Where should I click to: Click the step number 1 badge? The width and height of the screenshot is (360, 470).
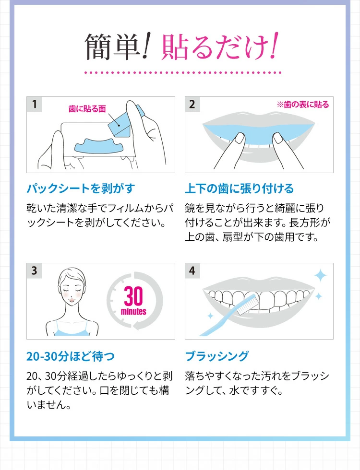click(x=34, y=105)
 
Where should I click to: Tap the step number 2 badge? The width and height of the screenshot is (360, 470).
click(x=192, y=105)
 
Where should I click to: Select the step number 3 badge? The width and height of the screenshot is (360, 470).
click(x=34, y=270)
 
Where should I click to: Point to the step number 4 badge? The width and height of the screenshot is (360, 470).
click(x=192, y=270)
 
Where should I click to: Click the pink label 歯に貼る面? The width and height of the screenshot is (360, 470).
click(x=87, y=109)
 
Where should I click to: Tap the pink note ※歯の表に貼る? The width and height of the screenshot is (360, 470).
click(x=303, y=105)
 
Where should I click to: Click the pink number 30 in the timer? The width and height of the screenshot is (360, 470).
click(x=133, y=296)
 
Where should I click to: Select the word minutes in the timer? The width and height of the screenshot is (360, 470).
click(x=133, y=311)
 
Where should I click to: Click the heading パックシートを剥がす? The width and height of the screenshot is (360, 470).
click(x=81, y=188)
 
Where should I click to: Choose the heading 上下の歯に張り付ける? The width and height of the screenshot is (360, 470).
click(x=239, y=188)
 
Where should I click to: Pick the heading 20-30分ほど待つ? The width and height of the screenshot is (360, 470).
click(x=71, y=356)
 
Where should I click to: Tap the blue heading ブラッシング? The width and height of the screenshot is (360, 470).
click(x=217, y=356)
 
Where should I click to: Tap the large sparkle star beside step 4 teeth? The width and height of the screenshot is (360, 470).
click(x=320, y=276)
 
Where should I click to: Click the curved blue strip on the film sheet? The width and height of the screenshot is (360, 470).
click(x=99, y=146)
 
